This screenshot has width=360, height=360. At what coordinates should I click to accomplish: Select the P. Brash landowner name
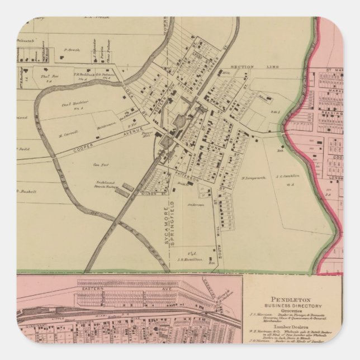(x=72, y=50)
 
